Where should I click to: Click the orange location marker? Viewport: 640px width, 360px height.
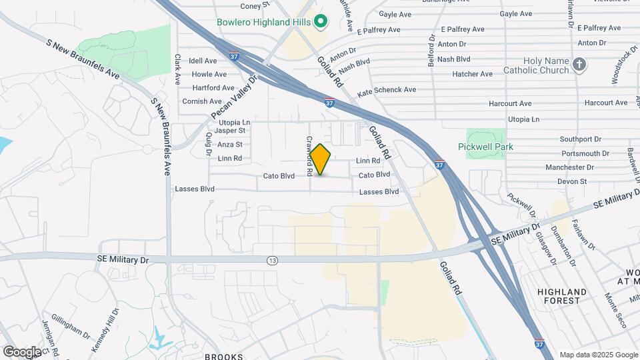tap(321, 159)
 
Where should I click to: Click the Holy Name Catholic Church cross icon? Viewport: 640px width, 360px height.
tap(579, 64)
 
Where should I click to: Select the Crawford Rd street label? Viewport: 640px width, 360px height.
tap(310, 155)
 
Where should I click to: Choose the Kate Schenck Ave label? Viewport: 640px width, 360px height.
tap(387, 90)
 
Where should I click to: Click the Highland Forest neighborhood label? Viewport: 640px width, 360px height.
tap(563, 296)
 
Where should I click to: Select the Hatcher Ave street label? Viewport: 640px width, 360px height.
tap(473, 74)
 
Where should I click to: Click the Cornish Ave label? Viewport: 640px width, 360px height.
tap(202, 101)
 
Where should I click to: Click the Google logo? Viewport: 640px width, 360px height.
tap(22, 351)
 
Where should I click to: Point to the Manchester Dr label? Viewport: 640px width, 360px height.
tap(569, 167)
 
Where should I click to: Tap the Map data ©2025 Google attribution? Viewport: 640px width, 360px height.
tap(597, 355)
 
